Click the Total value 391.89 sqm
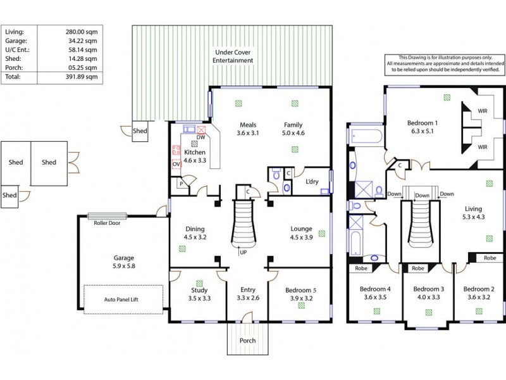[x=82, y=77]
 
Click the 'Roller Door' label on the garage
[x=107, y=223]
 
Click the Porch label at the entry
[x=247, y=340]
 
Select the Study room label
[x=198, y=291]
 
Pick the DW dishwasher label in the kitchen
[x=200, y=137]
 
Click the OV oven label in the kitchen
[x=176, y=165]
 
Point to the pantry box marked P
[x=182, y=184]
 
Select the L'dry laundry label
[x=312, y=182]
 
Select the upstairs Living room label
[x=472, y=209]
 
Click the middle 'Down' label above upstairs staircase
[x=423, y=196]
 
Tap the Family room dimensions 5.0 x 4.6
[x=293, y=133]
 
